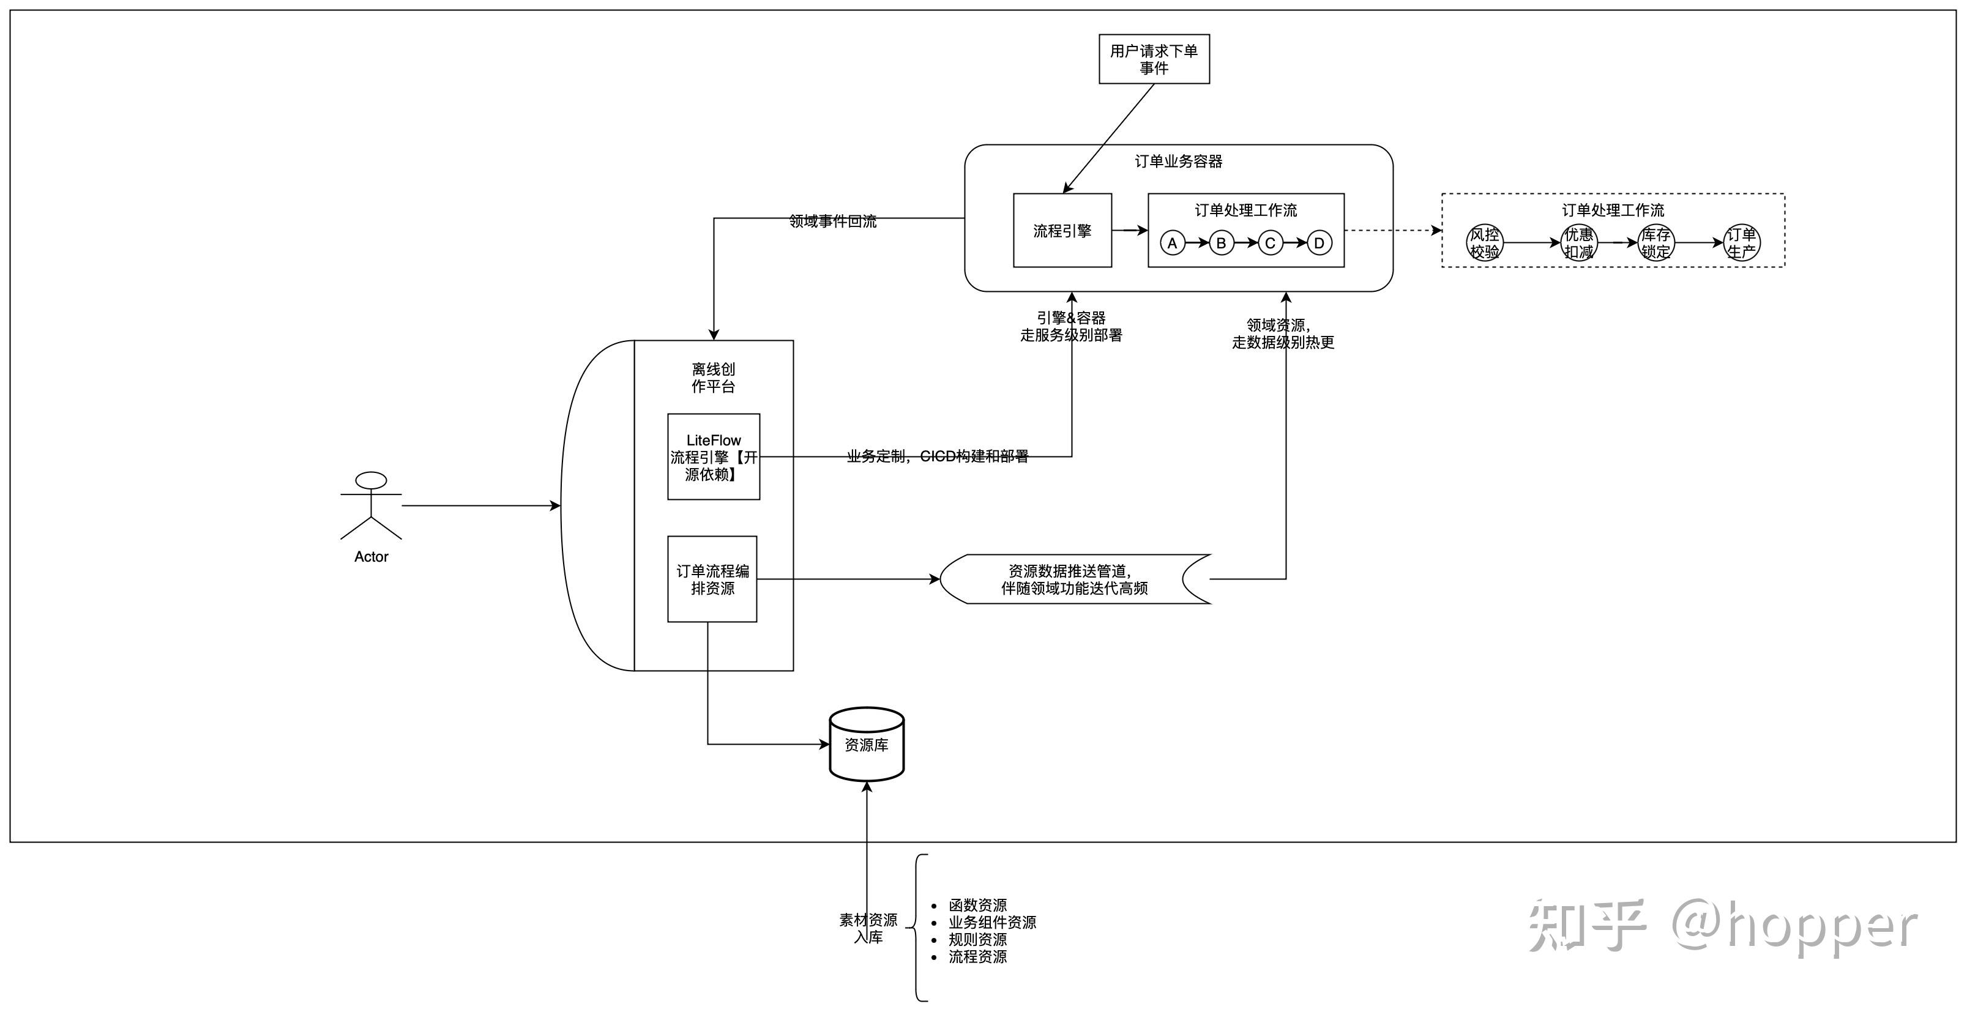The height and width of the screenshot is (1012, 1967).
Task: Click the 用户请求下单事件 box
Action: [x=1153, y=59]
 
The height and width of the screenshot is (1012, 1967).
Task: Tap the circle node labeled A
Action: [x=1172, y=243]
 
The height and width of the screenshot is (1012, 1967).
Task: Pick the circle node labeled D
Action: [x=1319, y=243]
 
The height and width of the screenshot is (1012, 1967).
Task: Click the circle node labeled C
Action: [x=1270, y=243]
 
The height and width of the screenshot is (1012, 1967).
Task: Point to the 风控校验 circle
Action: [x=1484, y=243]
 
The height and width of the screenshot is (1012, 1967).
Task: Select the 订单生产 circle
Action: [x=1742, y=243]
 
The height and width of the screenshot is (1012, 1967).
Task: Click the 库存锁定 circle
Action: [x=1655, y=243]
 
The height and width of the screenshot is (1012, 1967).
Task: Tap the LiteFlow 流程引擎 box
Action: [x=713, y=456]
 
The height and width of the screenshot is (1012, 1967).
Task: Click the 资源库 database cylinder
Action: [x=867, y=744]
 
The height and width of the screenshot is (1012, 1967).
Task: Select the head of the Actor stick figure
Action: [x=371, y=480]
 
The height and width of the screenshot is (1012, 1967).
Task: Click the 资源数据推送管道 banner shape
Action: [x=1074, y=579]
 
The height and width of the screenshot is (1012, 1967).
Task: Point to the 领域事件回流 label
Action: [x=832, y=221]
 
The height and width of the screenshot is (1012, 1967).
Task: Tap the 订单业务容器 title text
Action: [x=1178, y=161]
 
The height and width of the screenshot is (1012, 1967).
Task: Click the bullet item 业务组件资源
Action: [x=992, y=922]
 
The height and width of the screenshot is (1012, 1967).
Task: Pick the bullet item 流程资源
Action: [x=977, y=956]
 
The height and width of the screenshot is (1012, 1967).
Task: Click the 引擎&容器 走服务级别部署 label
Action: [x=1070, y=326]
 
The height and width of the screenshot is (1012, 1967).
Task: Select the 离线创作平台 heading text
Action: [x=713, y=378]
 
